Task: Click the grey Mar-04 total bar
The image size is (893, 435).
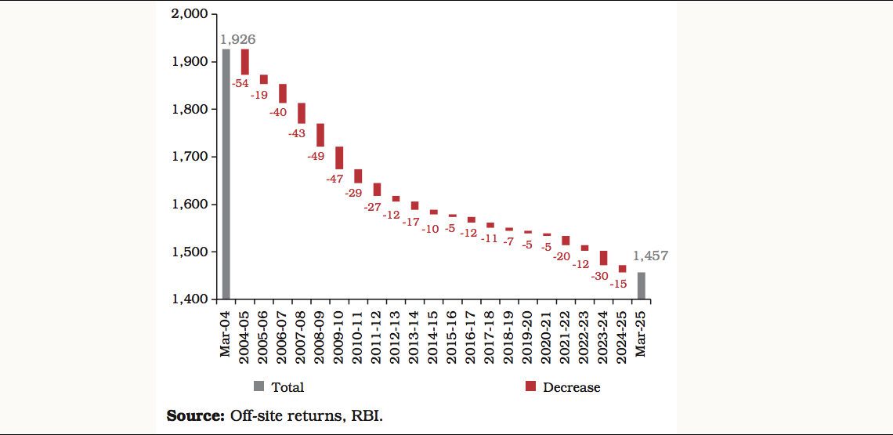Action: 226,174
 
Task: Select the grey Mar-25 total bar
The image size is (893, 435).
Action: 641,285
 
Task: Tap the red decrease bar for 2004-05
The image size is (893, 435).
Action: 245,61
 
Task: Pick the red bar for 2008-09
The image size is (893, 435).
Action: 320,135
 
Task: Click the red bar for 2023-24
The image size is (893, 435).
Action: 603,258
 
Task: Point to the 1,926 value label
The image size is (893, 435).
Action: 238,39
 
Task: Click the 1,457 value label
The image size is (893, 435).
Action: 650,256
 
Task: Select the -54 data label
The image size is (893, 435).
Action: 240,83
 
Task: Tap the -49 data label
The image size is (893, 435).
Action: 316,155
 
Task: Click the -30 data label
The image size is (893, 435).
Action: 599,276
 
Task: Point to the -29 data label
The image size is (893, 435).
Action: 353,192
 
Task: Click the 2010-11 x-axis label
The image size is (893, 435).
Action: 358,333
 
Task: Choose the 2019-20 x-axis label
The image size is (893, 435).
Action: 528,333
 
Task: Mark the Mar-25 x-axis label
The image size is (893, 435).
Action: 642,333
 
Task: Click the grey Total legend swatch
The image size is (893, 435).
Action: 259,386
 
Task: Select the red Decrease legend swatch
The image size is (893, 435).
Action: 530,386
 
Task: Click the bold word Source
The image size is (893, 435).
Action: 195,415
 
